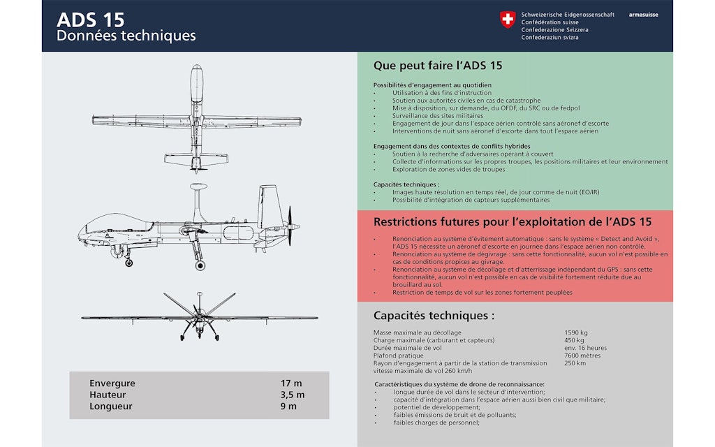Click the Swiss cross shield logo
pyautogui.click(x=508, y=20)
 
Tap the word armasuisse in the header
pyautogui.click(x=643, y=15)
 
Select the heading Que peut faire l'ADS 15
pyautogui.click(x=438, y=66)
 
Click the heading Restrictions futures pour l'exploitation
pyautogui.click(x=513, y=222)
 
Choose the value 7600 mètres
pyautogui.click(x=580, y=356)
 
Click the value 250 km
pyautogui.click(x=575, y=363)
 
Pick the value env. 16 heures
pyautogui.click(x=585, y=348)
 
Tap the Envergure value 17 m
pyautogui.click(x=290, y=383)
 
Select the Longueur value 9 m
pyautogui.click(x=288, y=406)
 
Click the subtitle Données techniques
pyautogui.click(x=126, y=36)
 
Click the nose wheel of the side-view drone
pyautogui.click(x=128, y=263)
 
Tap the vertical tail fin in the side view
pyautogui.click(x=270, y=203)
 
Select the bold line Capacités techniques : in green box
pyautogui.click(x=406, y=184)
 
